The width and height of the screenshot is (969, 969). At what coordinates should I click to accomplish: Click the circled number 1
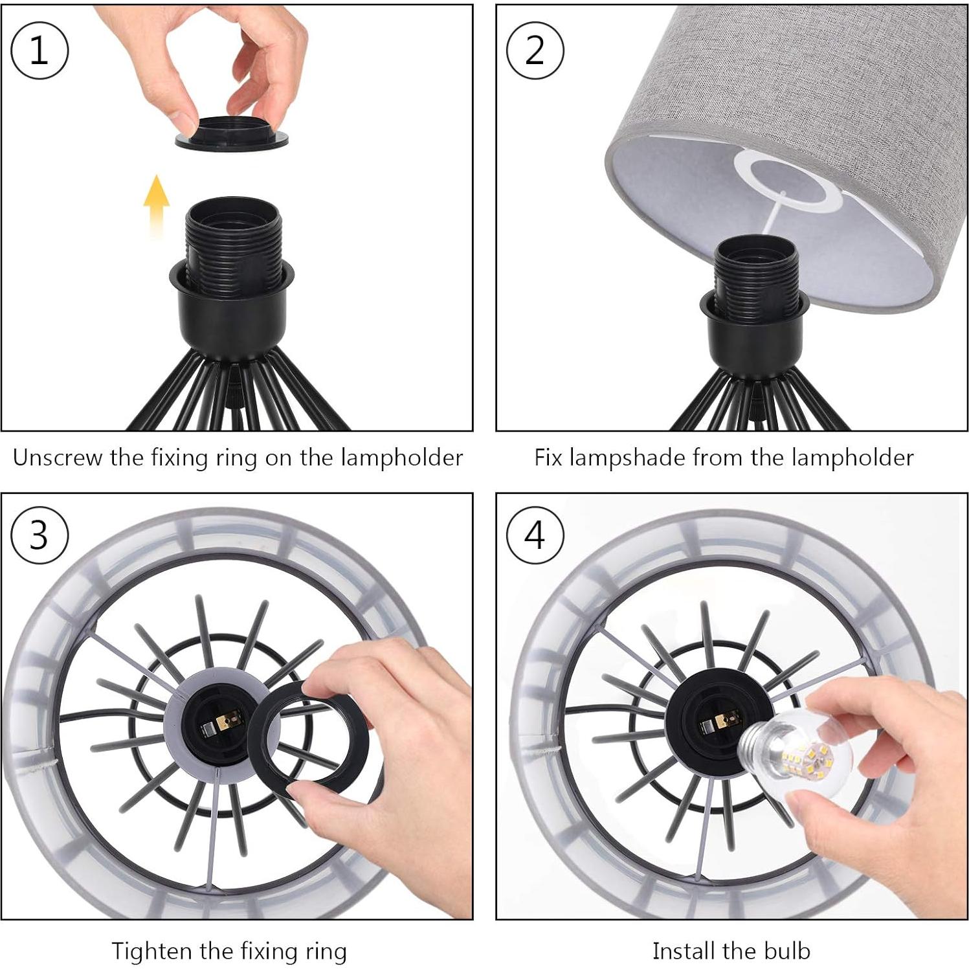[x=39, y=50]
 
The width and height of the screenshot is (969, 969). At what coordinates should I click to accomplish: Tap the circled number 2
[x=535, y=50]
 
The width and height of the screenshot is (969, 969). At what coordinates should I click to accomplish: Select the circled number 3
[x=39, y=535]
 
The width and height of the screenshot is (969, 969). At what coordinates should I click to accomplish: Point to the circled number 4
[x=535, y=535]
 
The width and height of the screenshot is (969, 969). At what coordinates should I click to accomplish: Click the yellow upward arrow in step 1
[x=156, y=205]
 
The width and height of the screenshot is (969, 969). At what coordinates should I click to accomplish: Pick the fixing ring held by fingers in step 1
[x=231, y=133]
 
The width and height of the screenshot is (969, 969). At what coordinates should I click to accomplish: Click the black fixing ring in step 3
[x=308, y=739]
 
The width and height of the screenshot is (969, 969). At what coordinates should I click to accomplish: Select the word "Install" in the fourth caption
[x=684, y=951]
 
